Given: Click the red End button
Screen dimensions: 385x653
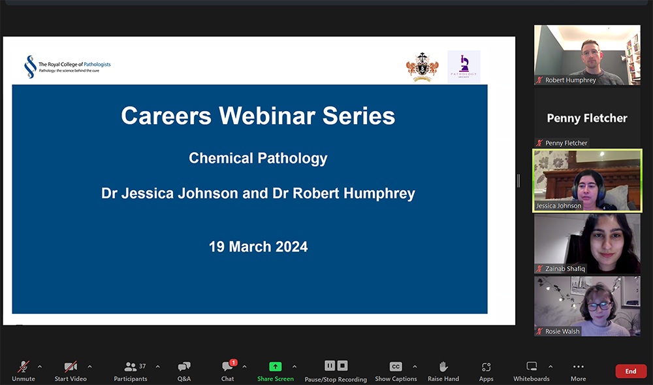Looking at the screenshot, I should click(x=630, y=371).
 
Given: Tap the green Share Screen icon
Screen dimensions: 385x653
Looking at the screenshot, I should click(x=275, y=367).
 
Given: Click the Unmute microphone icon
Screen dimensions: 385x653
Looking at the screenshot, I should click(x=24, y=367).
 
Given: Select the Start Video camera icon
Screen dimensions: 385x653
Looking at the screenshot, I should click(x=71, y=367).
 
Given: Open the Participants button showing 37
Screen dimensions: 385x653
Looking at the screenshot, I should click(x=131, y=367).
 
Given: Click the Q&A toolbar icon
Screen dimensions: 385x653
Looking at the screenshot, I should click(x=184, y=367).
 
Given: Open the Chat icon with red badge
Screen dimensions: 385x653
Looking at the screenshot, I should click(x=228, y=367).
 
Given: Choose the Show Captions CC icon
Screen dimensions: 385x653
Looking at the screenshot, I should click(x=396, y=367).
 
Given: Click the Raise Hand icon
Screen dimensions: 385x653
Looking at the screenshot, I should click(x=443, y=367).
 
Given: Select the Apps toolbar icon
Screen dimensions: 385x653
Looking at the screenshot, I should click(x=486, y=367).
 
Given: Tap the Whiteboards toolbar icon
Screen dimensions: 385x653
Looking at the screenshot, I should click(x=532, y=367).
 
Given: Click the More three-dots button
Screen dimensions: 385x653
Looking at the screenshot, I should click(x=578, y=367).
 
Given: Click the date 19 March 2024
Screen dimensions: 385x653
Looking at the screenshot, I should click(x=258, y=246).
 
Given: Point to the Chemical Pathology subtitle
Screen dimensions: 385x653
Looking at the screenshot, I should click(x=258, y=158).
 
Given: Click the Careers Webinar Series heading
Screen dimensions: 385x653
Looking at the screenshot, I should click(x=258, y=116).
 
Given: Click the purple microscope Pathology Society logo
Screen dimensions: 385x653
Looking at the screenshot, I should click(x=464, y=66).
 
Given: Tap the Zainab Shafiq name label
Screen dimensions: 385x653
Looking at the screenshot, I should click(x=566, y=269).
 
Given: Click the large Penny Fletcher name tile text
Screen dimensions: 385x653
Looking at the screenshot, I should click(x=587, y=118).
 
